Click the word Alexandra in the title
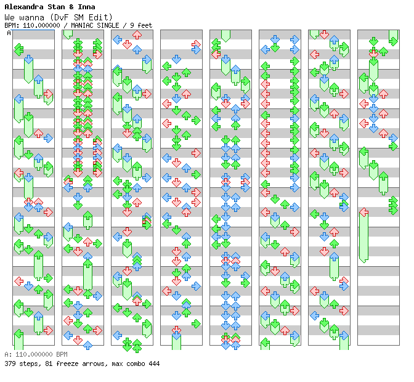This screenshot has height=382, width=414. [x=24, y=7]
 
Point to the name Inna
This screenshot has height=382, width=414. [x=86, y=7]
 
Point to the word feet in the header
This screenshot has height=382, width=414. [x=145, y=25]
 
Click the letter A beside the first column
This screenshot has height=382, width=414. [x=9, y=33]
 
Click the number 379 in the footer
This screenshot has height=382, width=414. [x=10, y=364]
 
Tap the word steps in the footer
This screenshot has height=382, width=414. [x=28, y=364]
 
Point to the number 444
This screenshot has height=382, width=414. [x=153, y=364]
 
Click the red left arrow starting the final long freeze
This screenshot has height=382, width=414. [x=364, y=213]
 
